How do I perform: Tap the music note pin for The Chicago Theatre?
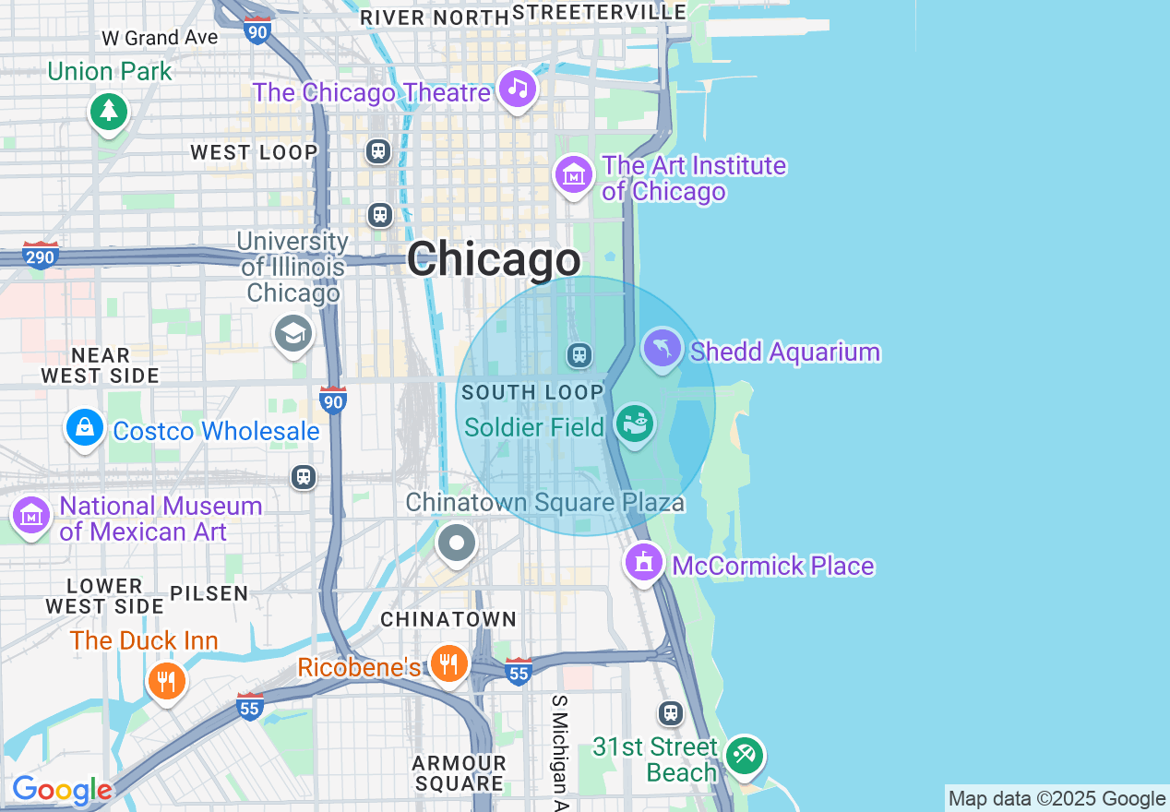tap(518, 89)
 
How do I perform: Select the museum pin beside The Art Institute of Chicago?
tap(573, 173)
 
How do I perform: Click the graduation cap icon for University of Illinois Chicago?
tap(293, 334)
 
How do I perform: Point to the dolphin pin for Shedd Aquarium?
tap(662, 349)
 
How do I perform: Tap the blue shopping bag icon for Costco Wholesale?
tap(85, 428)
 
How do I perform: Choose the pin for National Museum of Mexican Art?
tap(31, 517)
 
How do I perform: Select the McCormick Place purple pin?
tap(644, 561)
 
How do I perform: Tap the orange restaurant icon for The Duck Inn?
tap(167, 682)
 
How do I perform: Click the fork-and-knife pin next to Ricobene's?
tap(448, 663)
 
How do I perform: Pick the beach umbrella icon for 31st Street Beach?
tap(744, 755)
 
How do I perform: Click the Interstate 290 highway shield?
tap(41, 254)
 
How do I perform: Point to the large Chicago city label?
tap(494, 259)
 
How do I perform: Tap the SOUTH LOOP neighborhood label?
tap(531, 392)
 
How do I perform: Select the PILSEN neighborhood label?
tap(209, 593)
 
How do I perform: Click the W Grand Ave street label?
tap(160, 38)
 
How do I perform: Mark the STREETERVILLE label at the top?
tap(599, 12)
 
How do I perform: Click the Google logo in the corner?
tap(62, 791)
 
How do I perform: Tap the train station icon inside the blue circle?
tap(579, 354)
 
